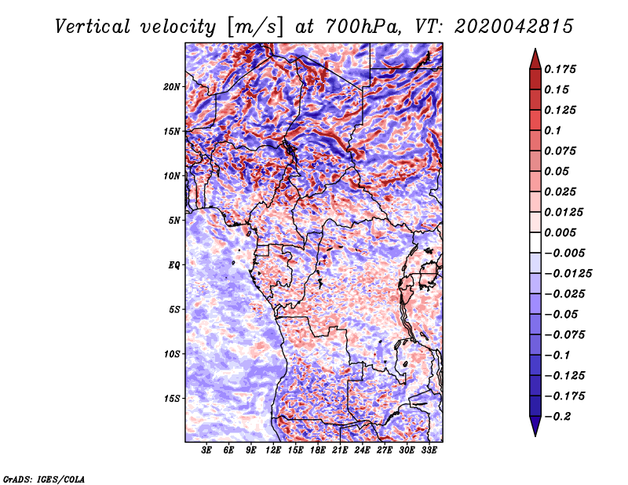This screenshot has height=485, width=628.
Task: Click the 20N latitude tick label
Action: tap(172, 87)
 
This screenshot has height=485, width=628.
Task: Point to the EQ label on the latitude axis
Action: tap(173, 265)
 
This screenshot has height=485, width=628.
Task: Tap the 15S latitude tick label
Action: tap(172, 399)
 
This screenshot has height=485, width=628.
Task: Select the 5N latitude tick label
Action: tap(174, 221)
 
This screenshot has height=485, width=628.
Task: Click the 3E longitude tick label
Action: tap(206, 450)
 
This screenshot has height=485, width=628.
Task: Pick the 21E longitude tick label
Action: tap(340, 450)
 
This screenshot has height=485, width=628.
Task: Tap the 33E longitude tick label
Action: tap(429, 450)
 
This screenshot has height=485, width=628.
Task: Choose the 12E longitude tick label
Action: tap(273, 450)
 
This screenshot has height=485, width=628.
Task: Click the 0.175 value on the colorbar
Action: tap(560, 69)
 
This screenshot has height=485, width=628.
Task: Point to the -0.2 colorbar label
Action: tap(558, 417)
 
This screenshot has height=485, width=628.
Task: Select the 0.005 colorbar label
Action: tap(560, 232)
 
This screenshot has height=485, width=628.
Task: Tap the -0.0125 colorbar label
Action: tap(568, 274)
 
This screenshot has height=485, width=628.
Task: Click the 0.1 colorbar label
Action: tap(553, 130)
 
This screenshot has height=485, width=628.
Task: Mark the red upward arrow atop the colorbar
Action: tap(535, 60)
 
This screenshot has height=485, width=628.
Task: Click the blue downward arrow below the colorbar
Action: tap(535, 426)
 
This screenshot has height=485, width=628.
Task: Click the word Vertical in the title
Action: tap(93, 27)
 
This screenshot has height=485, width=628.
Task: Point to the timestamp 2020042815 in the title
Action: tap(513, 27)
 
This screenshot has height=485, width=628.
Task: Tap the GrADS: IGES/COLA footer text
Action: tap(44, 480)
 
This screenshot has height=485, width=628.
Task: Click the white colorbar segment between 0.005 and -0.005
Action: tap(535, 242)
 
